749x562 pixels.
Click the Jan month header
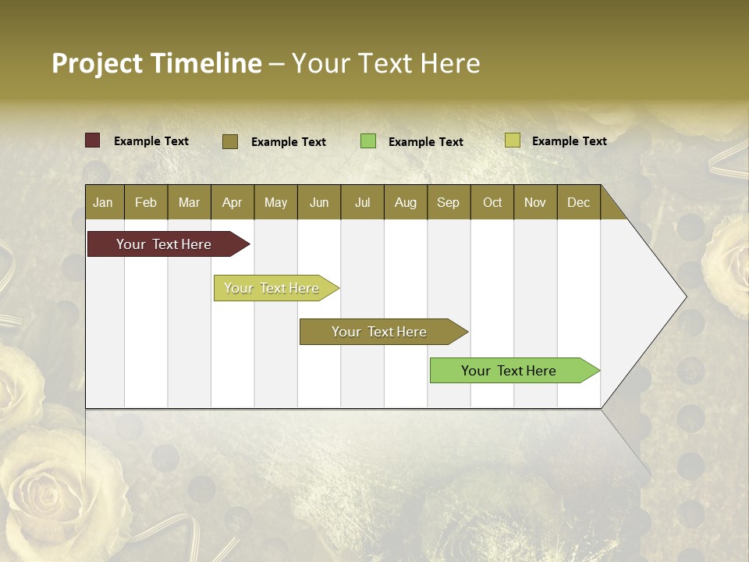coord(103,202)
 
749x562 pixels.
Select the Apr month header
coord(232,202)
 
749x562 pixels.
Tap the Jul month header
coord(362,202)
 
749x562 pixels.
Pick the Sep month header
coord(448,202)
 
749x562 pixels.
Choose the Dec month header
coord(578,202)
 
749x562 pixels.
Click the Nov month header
coord(534,202)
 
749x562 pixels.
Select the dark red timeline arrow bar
coord(164,244)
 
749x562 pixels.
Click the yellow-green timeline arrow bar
coord(272,288)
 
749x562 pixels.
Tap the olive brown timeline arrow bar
coord(379,332)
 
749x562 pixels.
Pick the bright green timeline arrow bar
coord(509,371)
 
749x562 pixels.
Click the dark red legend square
coord(92,140)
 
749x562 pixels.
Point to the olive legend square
coord(229,141)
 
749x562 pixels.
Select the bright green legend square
coord(367,140)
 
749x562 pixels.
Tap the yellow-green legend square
coord(512,140)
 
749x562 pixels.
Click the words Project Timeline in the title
coord(156,63)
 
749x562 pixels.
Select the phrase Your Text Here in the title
coord(385,63)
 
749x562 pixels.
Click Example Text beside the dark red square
coord(151,141)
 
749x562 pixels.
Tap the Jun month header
coord(318,202)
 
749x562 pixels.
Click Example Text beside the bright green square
coord(425,142)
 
